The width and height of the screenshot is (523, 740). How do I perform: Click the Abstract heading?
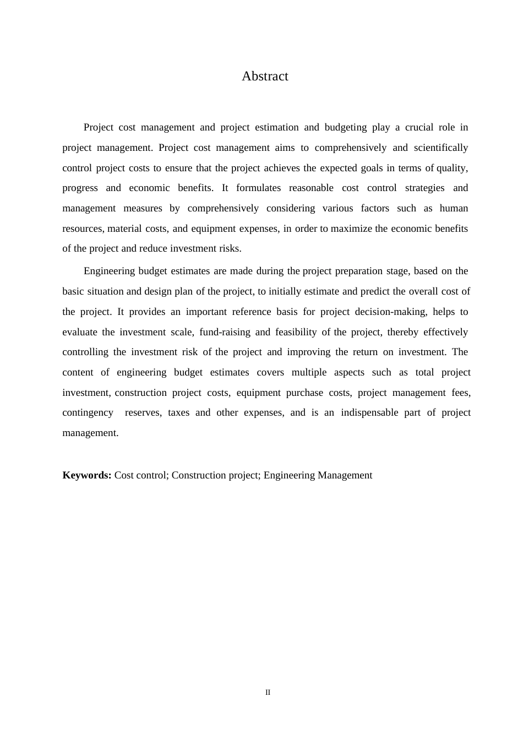(x=265, y=76)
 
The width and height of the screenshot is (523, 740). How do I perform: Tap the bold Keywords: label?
(x=87, y=475)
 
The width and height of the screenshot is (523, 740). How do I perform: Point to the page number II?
(x=268, y=692)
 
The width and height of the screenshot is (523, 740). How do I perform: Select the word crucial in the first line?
(x=419, y=127)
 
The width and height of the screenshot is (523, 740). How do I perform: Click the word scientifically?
(x=440, y=148)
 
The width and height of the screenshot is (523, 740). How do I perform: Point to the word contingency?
(x=88, y=412)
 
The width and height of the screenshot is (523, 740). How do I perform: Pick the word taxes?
(x=178, y=412)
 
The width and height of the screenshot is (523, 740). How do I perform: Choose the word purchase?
(x=304, y=393)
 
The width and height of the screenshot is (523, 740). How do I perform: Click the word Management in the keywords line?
(x=345, y=475)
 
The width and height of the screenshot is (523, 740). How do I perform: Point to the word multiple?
(x=309, y=372)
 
